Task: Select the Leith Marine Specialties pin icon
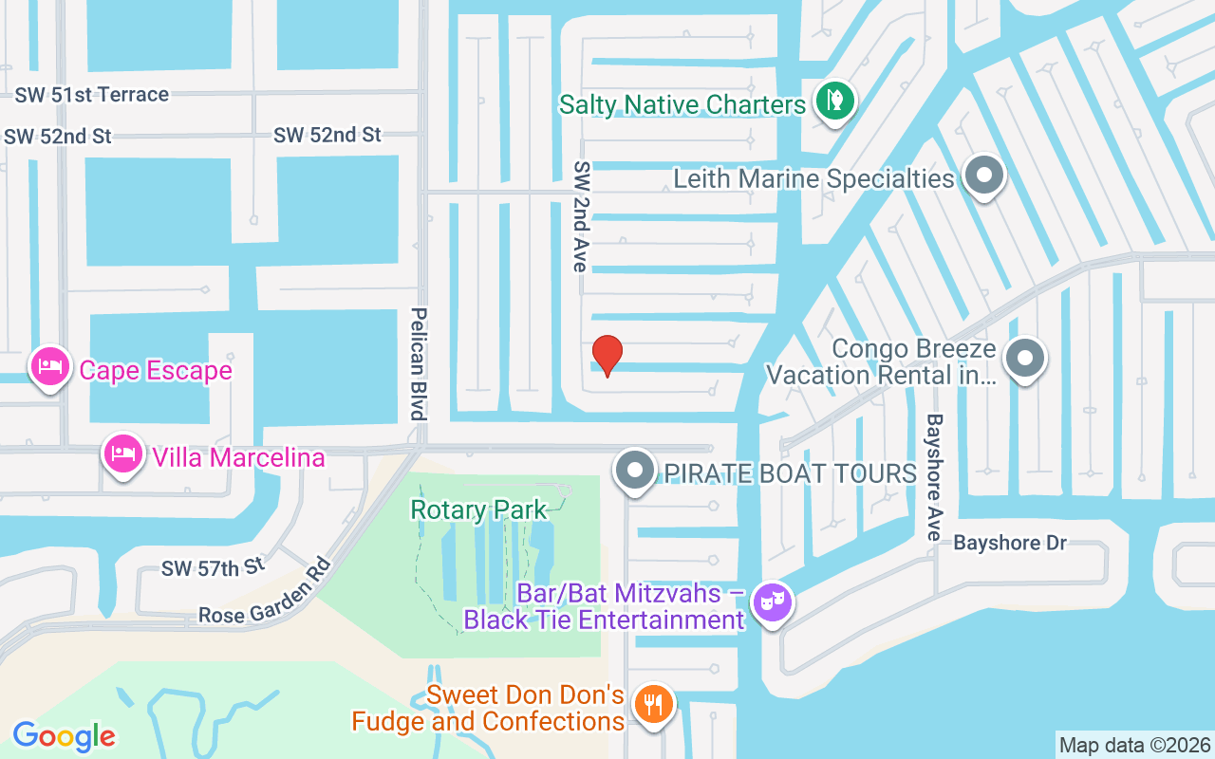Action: click(x=984, y=176)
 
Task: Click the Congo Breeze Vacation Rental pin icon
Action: click(x=1024, y=360)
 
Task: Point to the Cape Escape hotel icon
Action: click(x=50, y=366)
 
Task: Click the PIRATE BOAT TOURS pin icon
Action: click(x=635, y=470)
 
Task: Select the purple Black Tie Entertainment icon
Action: click(x=772, y=601)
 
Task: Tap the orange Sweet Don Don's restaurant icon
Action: click(x=653, y=704)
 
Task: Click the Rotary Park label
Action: click(x=478, y=509)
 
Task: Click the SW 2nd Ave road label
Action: click(x=580, y=215)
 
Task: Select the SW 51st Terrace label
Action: click(x=92, y=95)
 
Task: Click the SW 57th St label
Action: click(x=213, y=567)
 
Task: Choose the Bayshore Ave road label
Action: click(x=935, y=476)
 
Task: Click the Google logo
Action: click(x=64, y=735)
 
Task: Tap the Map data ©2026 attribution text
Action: click(x=1134, y=745)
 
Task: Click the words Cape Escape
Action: click(x=156, y=370)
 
